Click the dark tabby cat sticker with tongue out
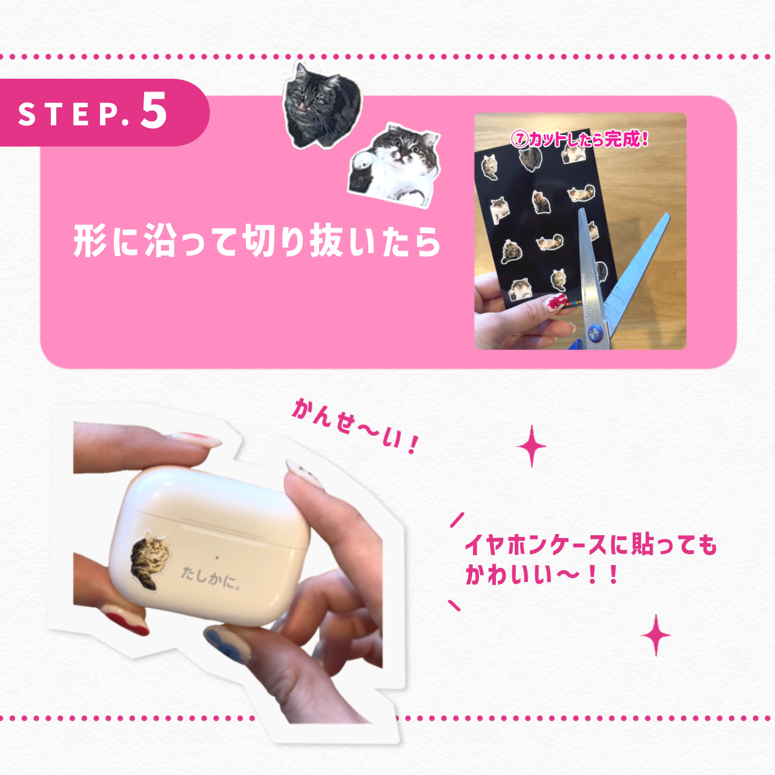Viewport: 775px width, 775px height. click(320, 106)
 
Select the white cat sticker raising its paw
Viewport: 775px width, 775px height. click(394, 164)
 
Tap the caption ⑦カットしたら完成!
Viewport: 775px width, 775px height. click(579, 139)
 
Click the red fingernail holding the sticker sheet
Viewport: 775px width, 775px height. click(556, 301)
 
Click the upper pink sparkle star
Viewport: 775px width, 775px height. click(532, 446)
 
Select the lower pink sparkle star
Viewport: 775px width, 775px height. click(656, 635)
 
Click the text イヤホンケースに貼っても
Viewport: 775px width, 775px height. click(590, 544)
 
